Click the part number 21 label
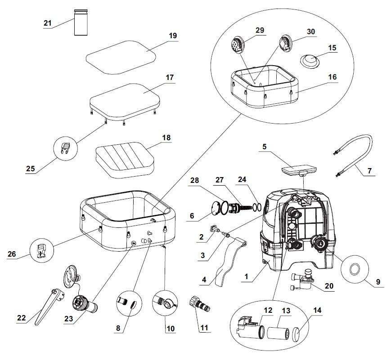click(x=47, y=23)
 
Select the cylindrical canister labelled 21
click(x=81, y=22)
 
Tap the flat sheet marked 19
click(x=121, y=57)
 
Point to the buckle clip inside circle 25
click(x=65, y=148)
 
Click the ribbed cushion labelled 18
click(x=125, y=160)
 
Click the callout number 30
click(x=311, y=31)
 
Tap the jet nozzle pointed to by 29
click(x=237, y=45)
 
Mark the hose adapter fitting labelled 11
click(x=200, y=304)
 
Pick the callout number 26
click(x=12, y=254)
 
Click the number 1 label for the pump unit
click(x=247, y=276)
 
